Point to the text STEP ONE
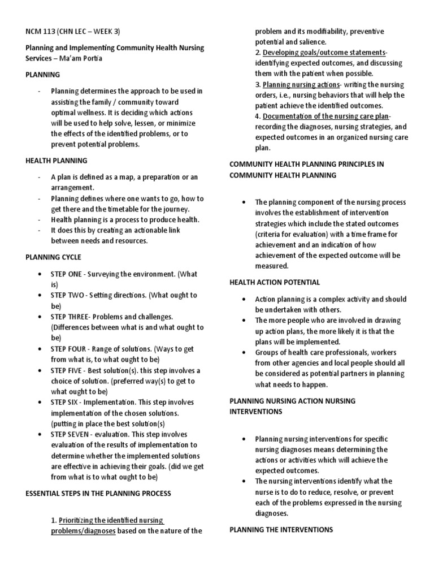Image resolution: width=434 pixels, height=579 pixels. point(66,274)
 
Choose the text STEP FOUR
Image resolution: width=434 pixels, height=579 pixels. point(68,348)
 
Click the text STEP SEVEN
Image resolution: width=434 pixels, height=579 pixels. point(70,434)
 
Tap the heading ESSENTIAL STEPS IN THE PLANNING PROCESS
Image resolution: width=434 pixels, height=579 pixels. point(98,493)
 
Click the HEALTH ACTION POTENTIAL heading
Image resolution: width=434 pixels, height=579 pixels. point(275,282)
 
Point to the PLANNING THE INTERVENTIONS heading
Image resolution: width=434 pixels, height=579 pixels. point(281,530)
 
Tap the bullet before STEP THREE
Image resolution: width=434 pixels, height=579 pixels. point(39,317)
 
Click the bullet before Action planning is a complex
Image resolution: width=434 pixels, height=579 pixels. point(242,299)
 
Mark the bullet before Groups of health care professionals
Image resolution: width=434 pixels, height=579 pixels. point(242,352)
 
